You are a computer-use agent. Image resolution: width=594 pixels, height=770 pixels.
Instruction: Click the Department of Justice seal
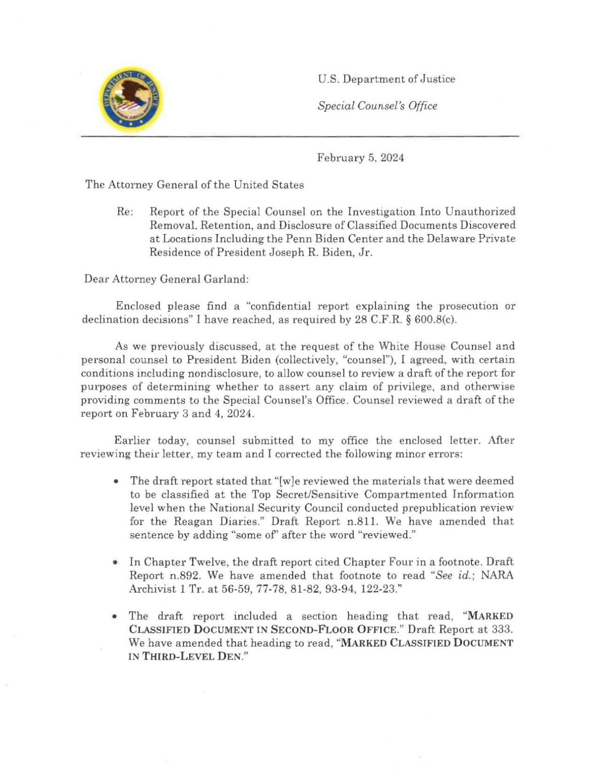131,99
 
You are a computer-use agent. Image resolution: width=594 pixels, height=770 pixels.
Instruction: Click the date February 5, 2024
360,158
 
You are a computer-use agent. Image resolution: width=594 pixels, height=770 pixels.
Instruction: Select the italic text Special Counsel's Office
377,106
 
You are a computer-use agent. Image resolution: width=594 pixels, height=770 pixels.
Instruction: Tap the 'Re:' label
124,212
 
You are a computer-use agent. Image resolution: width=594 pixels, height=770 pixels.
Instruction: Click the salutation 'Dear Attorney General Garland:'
166,279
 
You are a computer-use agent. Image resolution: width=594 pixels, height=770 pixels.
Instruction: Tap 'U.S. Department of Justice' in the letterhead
386,79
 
